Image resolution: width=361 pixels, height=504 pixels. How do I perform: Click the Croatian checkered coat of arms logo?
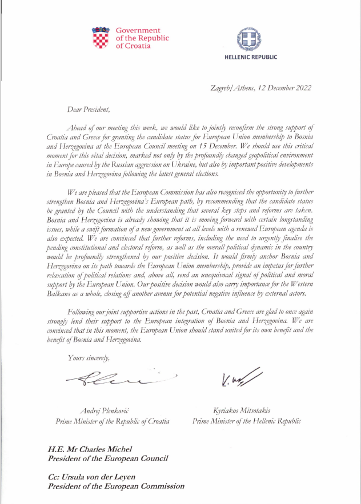101,38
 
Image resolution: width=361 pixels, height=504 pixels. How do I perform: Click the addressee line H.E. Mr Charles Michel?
91,450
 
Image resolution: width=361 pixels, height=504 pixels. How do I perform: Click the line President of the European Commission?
116,486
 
